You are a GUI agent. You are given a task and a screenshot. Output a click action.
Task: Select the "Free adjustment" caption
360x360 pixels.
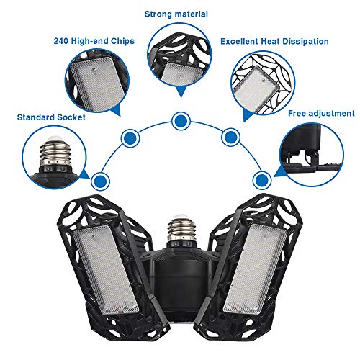click(x=322, y=113)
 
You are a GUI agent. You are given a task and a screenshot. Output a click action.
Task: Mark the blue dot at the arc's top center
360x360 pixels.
click(x=178, y=119)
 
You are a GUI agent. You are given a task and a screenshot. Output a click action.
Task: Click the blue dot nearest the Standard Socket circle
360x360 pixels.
click(x=100, y=178)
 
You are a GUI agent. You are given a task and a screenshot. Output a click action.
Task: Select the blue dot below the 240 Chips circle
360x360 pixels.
click(x=130, y=135)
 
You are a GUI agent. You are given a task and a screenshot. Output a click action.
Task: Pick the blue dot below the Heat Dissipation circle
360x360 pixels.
click(x=230, y=135)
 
